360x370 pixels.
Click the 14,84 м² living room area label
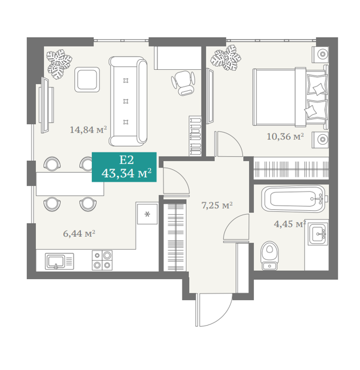(x=88, y=129)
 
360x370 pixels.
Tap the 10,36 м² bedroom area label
(x=285, y=136)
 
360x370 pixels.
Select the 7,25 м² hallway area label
(x=217, y=205)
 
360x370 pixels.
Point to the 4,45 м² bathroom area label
(x=290, y=224)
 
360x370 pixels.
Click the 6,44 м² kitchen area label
(x=79, y=234)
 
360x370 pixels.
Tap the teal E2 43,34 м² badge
(x=124, y=167)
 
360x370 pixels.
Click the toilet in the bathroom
(x=270, y=255)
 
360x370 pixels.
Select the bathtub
(x=294, y=199)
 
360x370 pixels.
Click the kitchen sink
(x=59, y=262)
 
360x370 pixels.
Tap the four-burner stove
(x=102, y=260)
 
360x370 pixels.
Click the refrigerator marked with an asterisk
(x=147, y=214)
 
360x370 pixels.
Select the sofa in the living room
(x=128, y=101)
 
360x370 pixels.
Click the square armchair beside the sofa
(x=87, y=79)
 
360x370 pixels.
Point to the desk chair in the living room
(x=183, y=83)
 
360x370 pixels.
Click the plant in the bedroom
(x=226, y=58)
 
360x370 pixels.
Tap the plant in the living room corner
(x=59, y=64)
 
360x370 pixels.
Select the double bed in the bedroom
(x=290, y=97)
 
